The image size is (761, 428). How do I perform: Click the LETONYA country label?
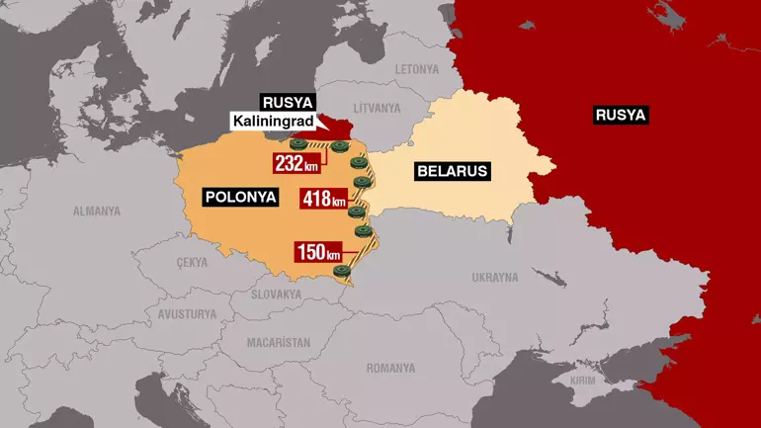[x=416, y=69]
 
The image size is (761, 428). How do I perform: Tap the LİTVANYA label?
[x=378, y=107]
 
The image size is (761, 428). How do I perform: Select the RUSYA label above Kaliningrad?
[x=287, y=102]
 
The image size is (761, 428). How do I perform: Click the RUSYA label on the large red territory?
[x=621, y=115]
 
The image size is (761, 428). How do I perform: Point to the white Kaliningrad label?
[x=272, y=122]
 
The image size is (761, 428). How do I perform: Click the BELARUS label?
[x=453, y=171]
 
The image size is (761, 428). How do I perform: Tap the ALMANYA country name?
[x=96, y=211]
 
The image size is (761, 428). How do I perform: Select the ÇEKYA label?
[x=192, y=262]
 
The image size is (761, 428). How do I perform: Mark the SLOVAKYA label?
[x=276, y=295]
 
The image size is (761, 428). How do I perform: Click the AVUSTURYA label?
[x=187, y=314]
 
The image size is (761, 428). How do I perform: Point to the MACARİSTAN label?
[x=278, y=342]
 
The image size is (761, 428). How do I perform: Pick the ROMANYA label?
[x=390, y=368]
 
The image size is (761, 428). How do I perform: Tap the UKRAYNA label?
[x=493, y=277]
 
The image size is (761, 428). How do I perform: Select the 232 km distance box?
[x=297, y=162]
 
